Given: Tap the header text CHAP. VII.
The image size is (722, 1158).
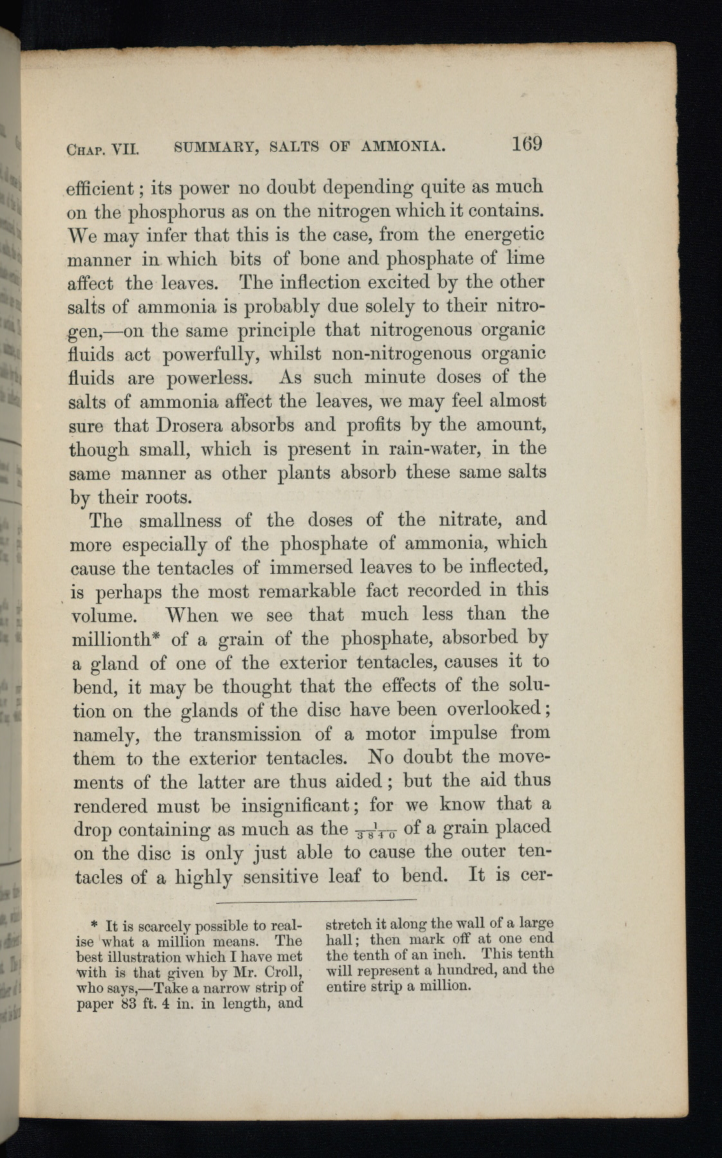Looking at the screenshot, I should (103, 150).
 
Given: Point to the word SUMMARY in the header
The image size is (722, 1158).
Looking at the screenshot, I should (216, 148).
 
